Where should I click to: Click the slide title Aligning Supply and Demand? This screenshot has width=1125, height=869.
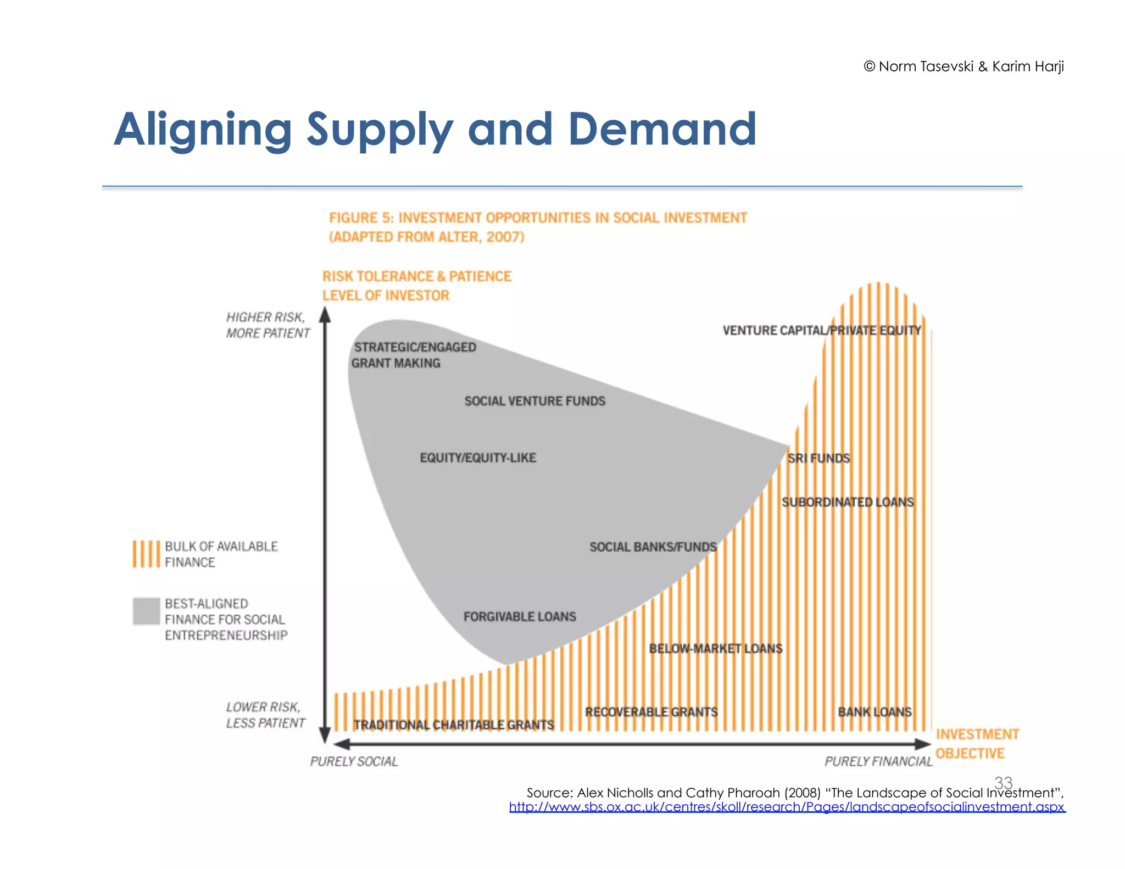[435, 130]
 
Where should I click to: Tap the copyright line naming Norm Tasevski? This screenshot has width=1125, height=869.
[964, 66]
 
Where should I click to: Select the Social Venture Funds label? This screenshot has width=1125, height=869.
[534, 401]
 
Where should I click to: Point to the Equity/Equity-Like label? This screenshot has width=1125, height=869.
[477, 458]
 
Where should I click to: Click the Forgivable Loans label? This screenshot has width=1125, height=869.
[519, 616]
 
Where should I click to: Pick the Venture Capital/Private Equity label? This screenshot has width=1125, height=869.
[821, 330]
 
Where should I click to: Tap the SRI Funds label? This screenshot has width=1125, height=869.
[818, 458]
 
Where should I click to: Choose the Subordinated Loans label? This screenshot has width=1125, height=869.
[848, 502]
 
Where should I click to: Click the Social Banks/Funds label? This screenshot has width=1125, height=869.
[653, 547]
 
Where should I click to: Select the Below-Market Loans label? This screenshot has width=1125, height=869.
[715, 648]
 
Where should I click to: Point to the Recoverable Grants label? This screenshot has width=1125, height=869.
[651, 712]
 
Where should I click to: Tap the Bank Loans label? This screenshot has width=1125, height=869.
[875, 712]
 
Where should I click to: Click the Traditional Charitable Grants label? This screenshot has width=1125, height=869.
[454, 725]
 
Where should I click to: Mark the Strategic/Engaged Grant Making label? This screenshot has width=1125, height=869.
[413, 355]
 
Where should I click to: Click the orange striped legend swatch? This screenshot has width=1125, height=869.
[146, 554]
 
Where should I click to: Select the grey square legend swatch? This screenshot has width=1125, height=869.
[146, 611]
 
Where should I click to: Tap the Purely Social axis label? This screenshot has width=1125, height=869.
[354, 761]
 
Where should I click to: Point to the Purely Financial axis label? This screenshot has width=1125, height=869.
[878, 761]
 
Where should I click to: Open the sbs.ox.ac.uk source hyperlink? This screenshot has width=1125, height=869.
[787, 807]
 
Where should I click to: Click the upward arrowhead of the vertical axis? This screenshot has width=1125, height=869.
[325, 315]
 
